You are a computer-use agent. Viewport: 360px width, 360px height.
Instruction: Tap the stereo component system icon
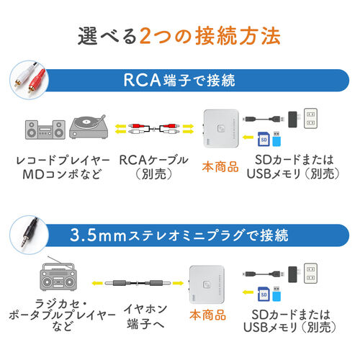[x=42, y=130]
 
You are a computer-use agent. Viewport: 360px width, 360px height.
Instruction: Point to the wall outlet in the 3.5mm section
[x=310, y=272]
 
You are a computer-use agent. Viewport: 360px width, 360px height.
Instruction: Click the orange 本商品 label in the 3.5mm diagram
[x=207, y=315]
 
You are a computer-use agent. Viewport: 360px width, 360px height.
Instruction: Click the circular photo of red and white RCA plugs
[x=27, y=78]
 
